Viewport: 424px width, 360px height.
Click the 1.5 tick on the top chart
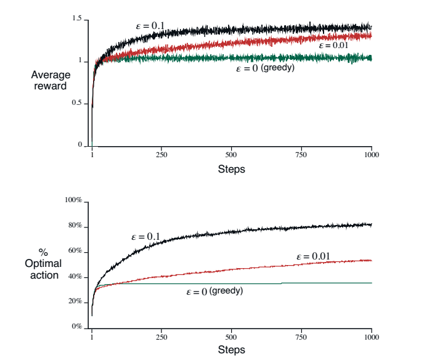pos(77,20)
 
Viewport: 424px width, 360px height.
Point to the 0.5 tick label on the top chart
pos(77,103)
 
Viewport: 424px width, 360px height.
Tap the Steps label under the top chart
pos(232,169)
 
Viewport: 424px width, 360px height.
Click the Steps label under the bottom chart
pos(232,350)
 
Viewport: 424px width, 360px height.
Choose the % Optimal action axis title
pos(45,264)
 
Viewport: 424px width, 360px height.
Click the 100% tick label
pos(74,201)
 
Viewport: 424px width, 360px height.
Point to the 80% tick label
pos(75,226)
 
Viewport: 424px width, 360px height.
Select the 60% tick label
pos(75,252)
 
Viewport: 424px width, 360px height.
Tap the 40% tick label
pos(75,277)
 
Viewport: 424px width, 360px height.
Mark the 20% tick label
pos(75,301)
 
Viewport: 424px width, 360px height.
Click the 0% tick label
pos(77,327)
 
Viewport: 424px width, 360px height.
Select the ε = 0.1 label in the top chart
pos(150,26)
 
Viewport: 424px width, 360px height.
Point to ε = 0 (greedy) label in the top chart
pos(265,68)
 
